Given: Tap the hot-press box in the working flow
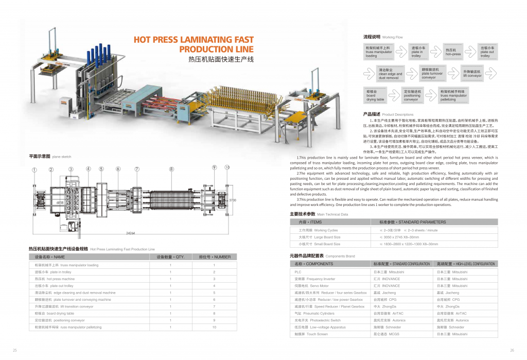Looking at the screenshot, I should point(453,52).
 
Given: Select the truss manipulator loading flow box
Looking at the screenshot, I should point(379,52).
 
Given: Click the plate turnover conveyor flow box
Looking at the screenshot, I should point(433,73).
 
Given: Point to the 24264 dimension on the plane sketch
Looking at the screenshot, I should point(130,233).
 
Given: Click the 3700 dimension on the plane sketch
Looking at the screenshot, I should point(232,200).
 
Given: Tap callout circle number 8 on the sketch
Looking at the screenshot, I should point(171,168).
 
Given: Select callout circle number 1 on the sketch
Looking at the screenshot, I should point(34,169).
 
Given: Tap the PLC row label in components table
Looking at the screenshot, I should point(298,271).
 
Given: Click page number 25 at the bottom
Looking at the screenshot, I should point(15,351).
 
